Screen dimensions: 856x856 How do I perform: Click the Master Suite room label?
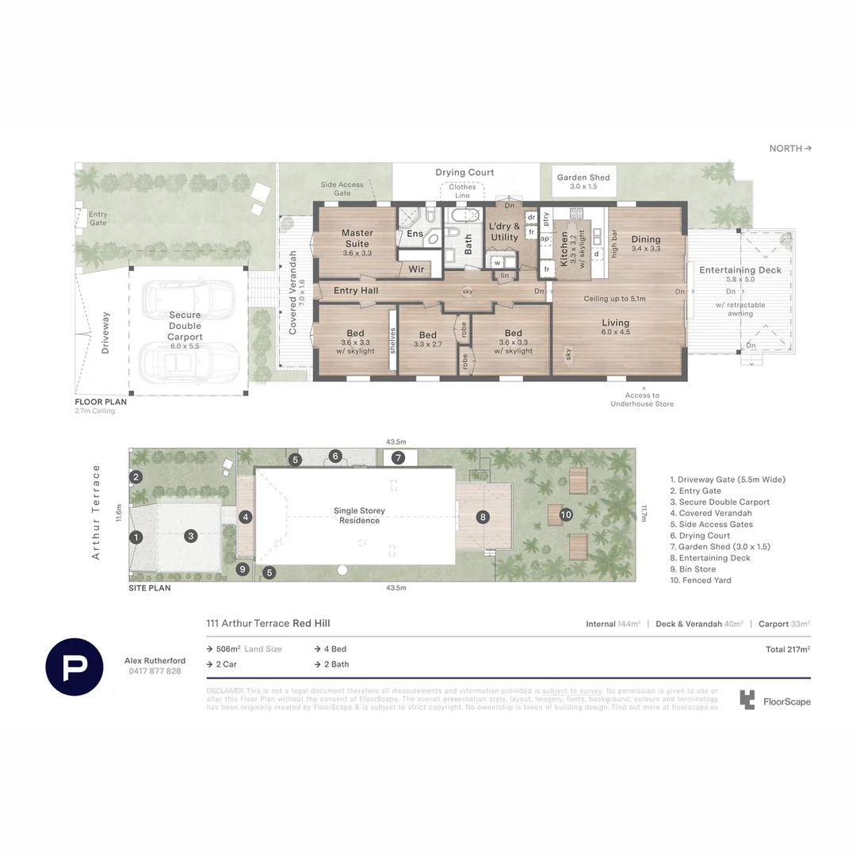[x=357, y=239]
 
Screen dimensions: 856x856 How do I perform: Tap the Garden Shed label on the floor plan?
[x=583, y=178]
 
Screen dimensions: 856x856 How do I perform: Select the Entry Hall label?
[x=356, y=291]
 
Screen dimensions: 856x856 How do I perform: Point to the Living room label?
[x=615, y=323]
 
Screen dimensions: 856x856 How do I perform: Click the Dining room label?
[x=646, y=239]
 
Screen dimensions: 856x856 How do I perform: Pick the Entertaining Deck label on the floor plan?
[x=740, y=270]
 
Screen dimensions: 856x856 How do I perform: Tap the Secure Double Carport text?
[x=185, y=326]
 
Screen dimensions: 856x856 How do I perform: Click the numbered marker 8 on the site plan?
[x=482, y=517]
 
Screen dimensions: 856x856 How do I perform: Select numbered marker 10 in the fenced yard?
[x=566, y=514]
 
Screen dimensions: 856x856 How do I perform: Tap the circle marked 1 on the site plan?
[x=136, y=537]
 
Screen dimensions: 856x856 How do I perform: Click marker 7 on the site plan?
[x=398, y=457]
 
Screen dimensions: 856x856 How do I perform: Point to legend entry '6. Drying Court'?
[x=700, y=536]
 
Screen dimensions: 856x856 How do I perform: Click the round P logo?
[x=74, y=666]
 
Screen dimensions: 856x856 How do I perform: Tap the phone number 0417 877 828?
[x=155, y=671]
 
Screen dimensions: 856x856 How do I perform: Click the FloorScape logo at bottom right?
[x=775, y=701]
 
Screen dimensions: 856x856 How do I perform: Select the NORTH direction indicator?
[x=790, y=148]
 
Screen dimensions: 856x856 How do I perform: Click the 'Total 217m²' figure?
[x=788, y=649]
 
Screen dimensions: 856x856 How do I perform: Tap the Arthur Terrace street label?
[x=97, y=512]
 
